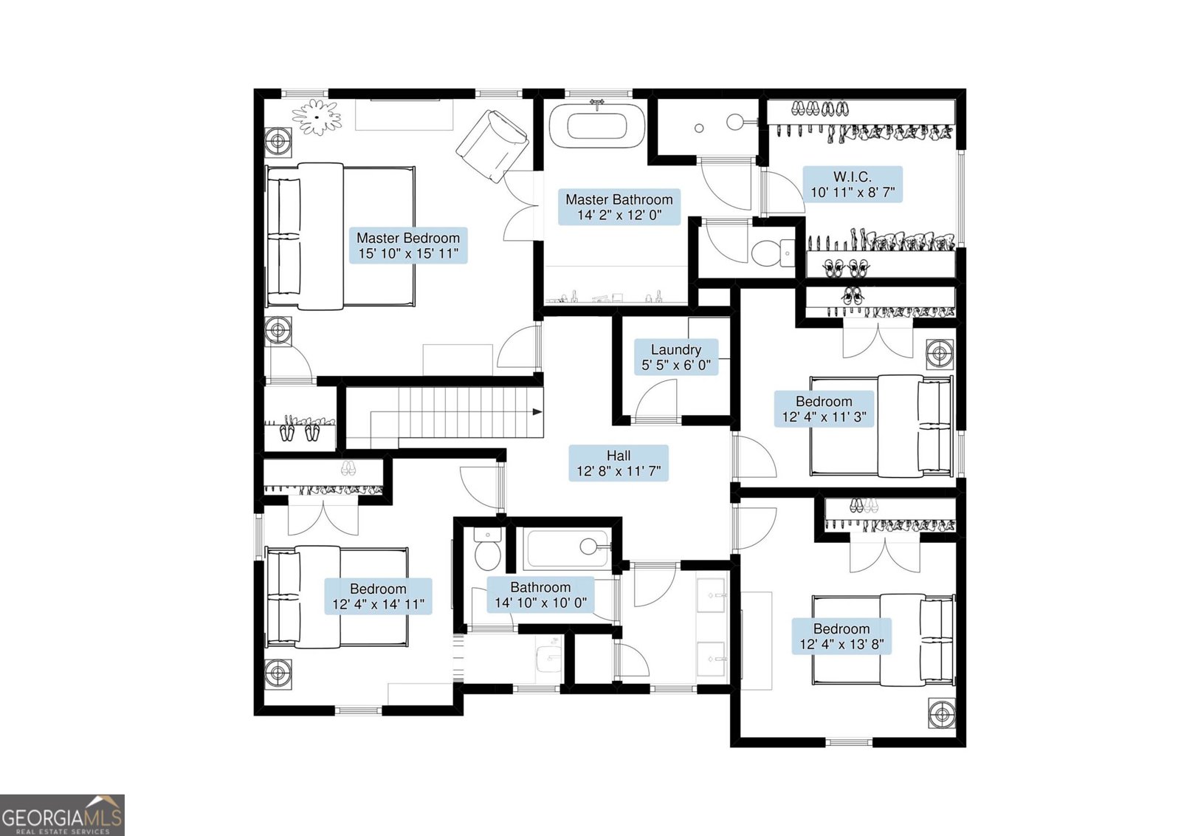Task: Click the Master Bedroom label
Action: [x=409, y=246]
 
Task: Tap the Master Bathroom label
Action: [x=619, y=208]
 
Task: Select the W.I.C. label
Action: [x=853, y=185]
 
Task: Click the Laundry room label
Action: [x=676, y=357]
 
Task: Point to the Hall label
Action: [x=619, y=463]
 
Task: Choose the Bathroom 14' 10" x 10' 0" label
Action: [x=540, y=595]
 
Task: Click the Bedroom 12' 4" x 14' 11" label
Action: [x=378, y=597]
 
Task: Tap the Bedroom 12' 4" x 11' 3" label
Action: [x=824, y=409]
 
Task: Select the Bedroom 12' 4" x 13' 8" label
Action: [x=841, y=637]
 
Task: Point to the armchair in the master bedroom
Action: [x=492, y=146]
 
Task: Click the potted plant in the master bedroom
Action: [x=317, y=117]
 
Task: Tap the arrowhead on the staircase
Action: [x=537, y=412]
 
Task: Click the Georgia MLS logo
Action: [x=62, y=815]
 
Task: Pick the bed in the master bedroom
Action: [x=340, y=236]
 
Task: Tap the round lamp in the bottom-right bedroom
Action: [x=942, y=715]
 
